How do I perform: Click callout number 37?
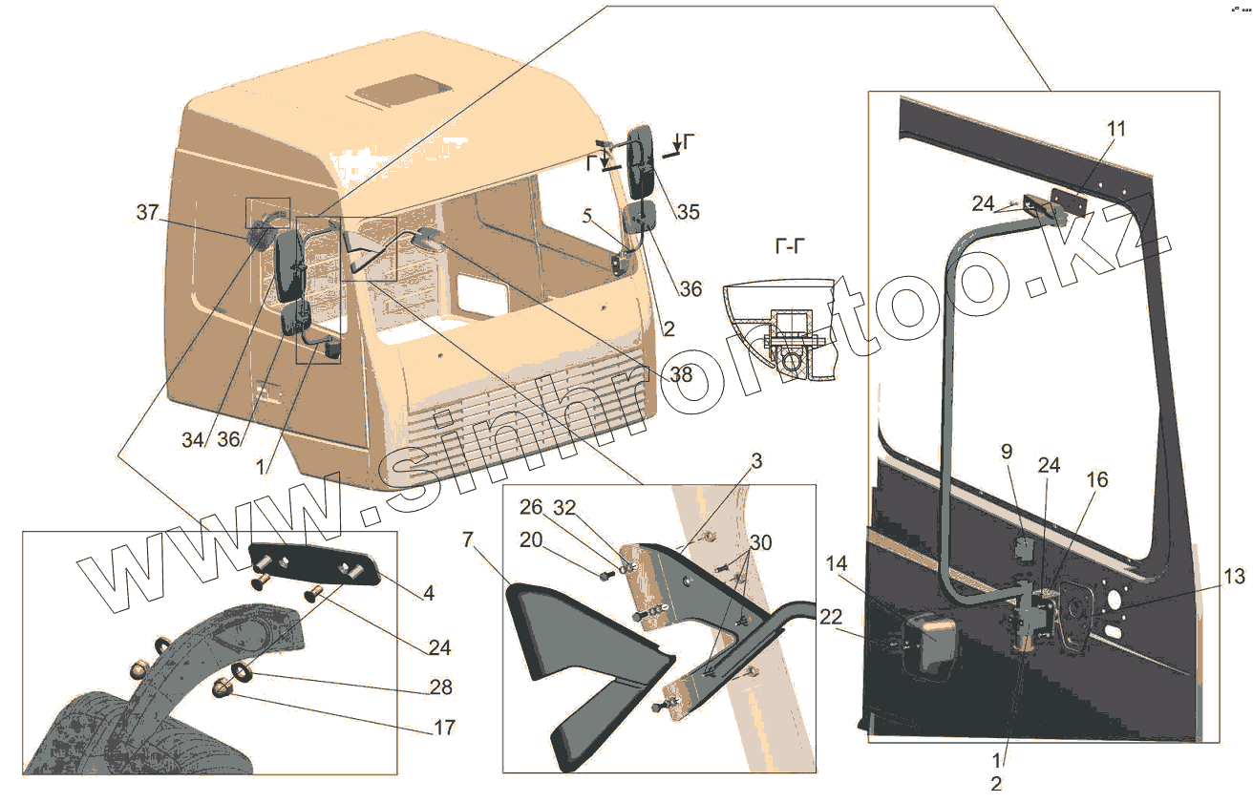(x=147, y=213)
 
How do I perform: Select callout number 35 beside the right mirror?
(x=687, y=212)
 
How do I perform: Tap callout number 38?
(x=681, y=375)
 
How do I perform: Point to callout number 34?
(x=194, y=440)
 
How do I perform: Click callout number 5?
(x=589, y=215)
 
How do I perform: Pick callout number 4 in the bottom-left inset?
(x=429, y=593)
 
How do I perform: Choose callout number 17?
(x=443, y=728)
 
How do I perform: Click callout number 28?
(x=441, y=687)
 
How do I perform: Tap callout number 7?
(x=467, y=540)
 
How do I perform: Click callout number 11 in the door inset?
(x=1116, y=128)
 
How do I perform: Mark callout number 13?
(x=1234, y=576)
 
